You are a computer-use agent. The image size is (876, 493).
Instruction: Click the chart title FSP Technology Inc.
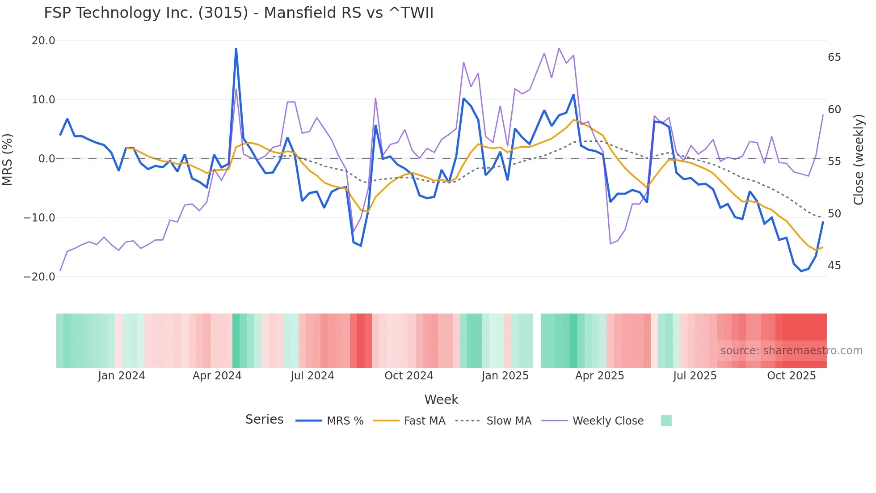(239, 13)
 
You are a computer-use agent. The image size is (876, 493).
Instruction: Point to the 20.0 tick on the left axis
(43, 41)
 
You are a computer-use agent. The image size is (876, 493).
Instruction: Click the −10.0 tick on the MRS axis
(39, 218)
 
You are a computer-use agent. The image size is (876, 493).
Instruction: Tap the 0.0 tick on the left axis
(46, 159)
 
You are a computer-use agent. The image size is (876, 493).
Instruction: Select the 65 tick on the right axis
(834, 57)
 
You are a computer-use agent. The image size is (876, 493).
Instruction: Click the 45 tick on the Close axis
(834, 266)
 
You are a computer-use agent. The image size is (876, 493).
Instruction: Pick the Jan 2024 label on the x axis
(122, 376)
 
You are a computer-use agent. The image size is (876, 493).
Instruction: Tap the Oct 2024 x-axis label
(409, 376)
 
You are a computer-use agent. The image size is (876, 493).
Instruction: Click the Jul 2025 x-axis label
(695, 376)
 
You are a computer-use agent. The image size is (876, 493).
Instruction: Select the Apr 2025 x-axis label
(599, 376)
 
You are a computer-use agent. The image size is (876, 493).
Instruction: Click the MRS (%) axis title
(8, 159)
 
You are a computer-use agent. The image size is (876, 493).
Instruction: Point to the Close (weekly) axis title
(858, 159)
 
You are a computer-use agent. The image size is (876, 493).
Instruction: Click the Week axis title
(441, 399)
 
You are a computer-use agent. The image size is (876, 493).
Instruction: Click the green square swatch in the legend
(666, 421)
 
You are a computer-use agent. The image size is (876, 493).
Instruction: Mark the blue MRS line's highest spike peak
(236, 49)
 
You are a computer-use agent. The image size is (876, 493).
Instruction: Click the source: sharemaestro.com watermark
(791, 351)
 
